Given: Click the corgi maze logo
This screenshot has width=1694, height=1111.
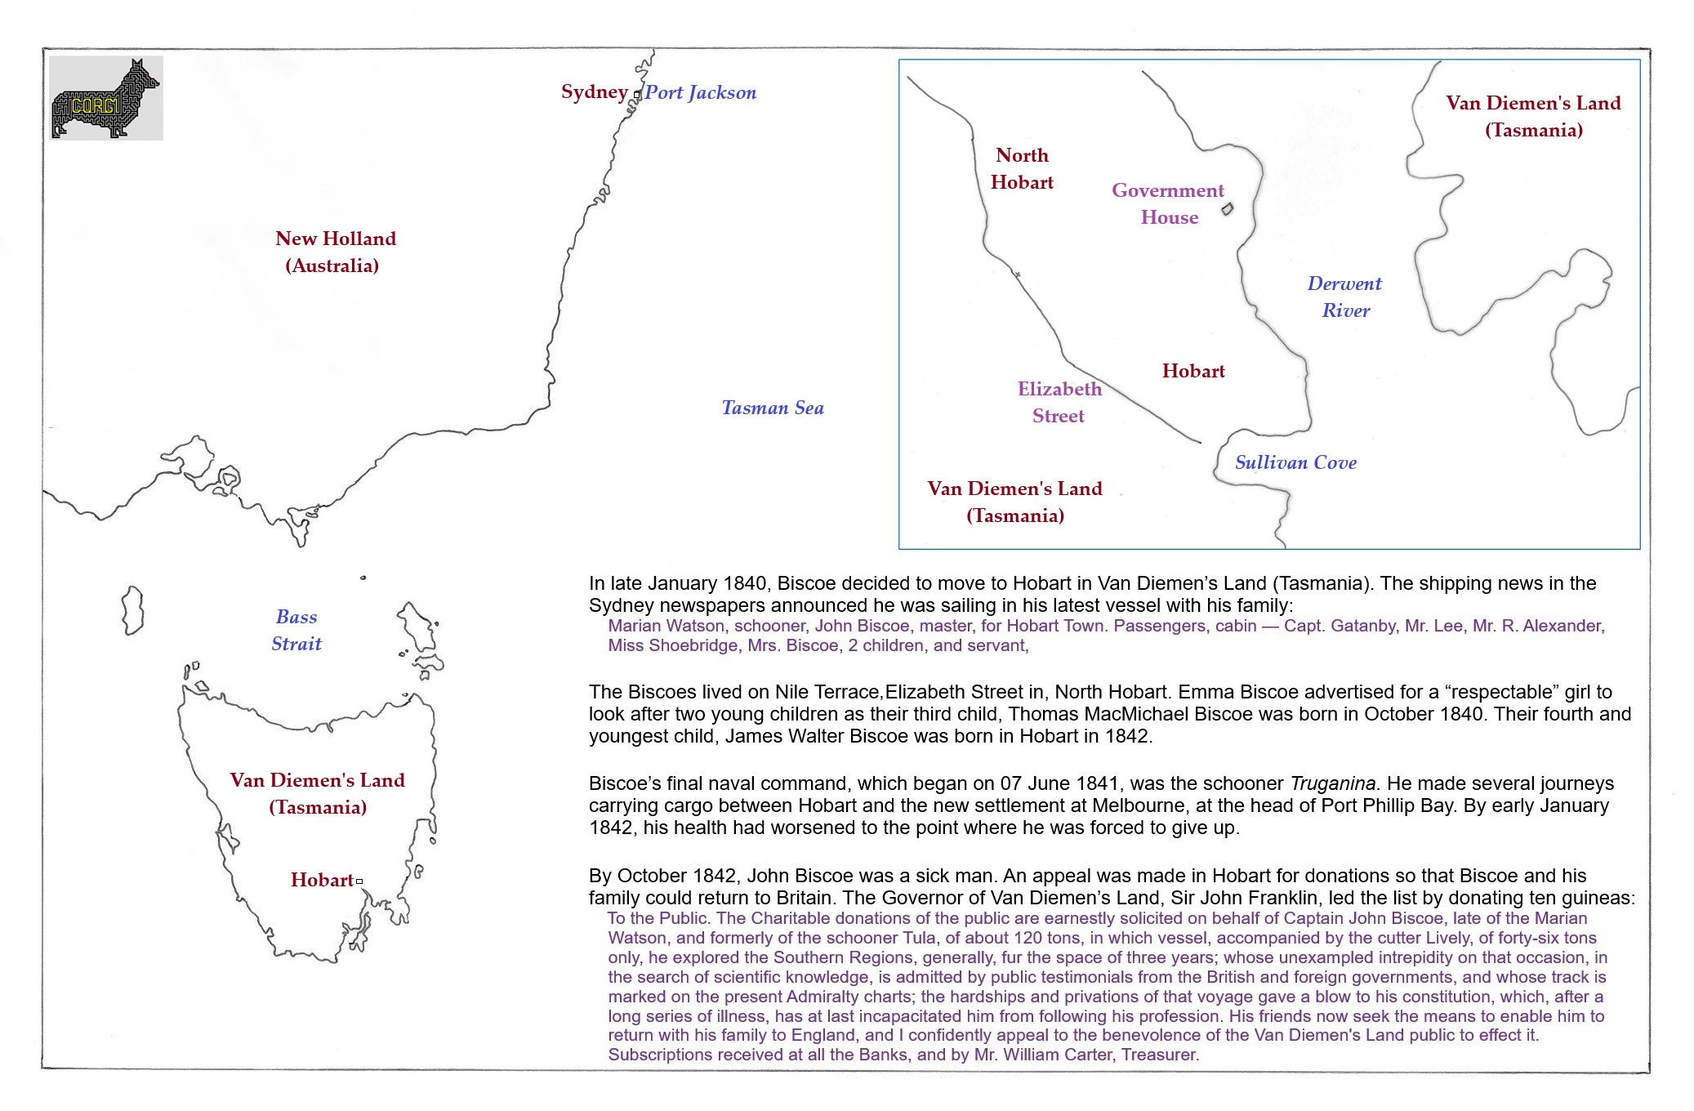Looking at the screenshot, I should coord(106,98).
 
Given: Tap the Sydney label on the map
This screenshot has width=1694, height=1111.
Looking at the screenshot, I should coord(594,92).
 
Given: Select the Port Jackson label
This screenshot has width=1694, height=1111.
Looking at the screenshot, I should coord(700,93).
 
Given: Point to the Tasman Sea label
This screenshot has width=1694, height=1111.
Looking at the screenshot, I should coord(772,408).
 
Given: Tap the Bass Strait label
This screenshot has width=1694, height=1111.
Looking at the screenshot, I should coord(296,631).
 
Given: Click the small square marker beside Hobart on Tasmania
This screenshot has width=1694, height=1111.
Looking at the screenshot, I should coord(359,881).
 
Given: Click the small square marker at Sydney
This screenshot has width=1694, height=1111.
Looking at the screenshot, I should coord(637,96).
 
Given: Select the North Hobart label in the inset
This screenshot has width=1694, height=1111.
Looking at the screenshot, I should coord(1022,169).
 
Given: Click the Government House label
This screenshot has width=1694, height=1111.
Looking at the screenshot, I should coord(1168,204).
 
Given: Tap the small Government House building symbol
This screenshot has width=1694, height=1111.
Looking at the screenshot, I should coord(1227,209).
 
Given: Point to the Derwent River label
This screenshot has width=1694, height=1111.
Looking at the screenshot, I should coord(1344,297).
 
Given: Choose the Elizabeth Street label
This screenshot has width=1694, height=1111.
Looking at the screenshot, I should coord(1059,403).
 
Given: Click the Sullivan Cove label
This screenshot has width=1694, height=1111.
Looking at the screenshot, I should coord(1295,463).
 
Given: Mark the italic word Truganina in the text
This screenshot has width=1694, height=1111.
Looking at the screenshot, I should coord(1333,784).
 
